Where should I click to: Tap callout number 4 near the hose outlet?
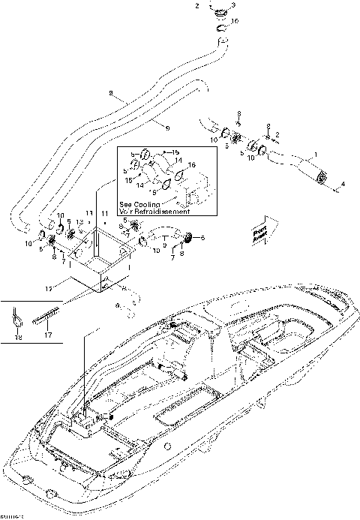click(343, 184)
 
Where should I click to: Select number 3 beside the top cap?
click(233, 6)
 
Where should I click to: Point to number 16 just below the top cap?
click(235, 22)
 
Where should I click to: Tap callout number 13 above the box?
click(80, 223)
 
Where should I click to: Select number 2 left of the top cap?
click(198, 6)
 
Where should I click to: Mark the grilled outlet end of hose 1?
click(324, 176)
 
